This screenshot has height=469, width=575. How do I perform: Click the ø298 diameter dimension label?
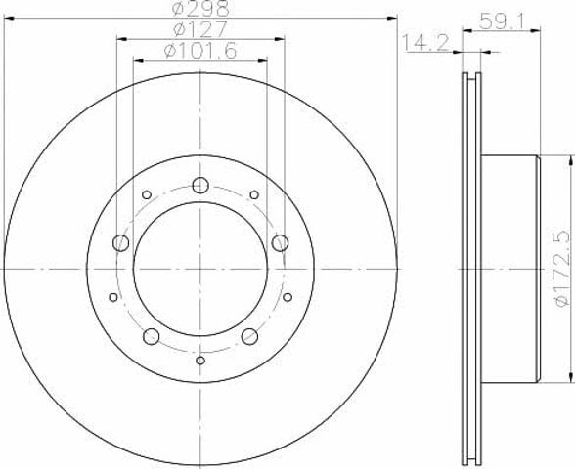coord(201,8)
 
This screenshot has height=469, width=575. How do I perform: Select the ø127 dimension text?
coord(201,29)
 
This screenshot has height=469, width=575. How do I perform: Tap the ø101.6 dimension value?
coord(200,50)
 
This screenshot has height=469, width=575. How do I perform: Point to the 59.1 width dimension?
coord(502,21)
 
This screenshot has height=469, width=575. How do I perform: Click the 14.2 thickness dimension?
coord(426,43)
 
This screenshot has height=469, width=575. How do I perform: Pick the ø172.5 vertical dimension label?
coord(562,270)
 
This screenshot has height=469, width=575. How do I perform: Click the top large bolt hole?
coord(200,185)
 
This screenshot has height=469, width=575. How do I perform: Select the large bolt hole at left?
coord(120,243)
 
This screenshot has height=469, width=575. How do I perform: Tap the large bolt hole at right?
coord(280,243)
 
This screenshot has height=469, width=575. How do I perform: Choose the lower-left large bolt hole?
coord(151,336)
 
